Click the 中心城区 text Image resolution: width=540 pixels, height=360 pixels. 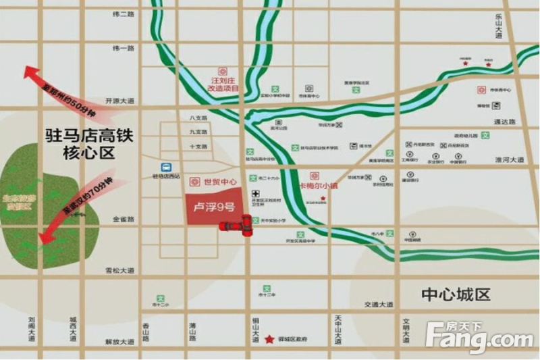456,295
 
